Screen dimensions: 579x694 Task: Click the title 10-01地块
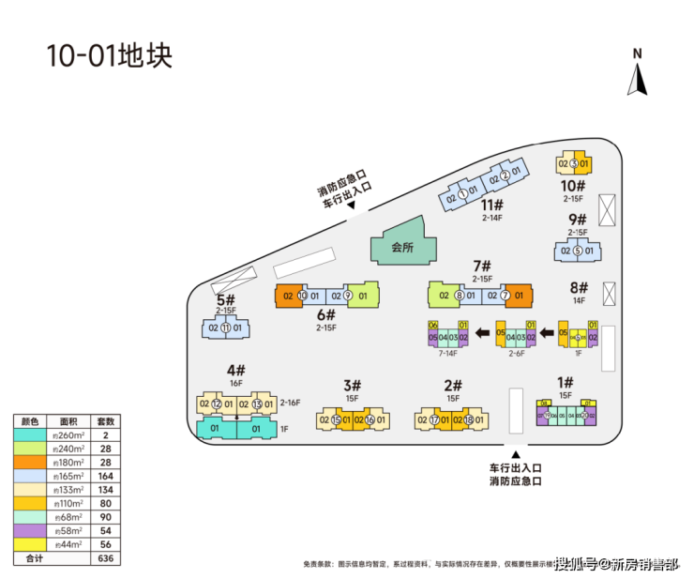pyautogui.click(x=109, y=55)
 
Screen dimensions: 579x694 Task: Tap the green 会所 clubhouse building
pyautogui.click(x=402, y=247)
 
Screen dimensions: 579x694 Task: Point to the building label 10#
pyautogui.click(x=573, y=186)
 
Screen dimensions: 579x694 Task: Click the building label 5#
pyautogui.click(x=225, y=300)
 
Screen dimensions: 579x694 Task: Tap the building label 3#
pyautogui.click(x=352, y=385)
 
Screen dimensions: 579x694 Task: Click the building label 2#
pyautogui.click(x=453, y=385)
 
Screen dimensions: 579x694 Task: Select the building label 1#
pyautogui.click(x=565, y=382)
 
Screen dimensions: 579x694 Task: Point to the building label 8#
pyautogui.click(x=578, y=288)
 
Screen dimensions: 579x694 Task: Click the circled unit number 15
pyautogui.click(x=337, y=419)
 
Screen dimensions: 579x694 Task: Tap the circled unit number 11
pyautogui.click(x=225, y=328)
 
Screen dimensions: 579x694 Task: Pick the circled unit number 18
pyautogui.click(x=468, y=419)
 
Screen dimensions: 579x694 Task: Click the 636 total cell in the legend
pyautogui.click(x=105, y=557)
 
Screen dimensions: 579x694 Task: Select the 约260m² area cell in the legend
pyautogui.click(x=68, y=435)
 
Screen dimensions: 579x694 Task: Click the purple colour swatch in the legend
pyautogui.click(x=29, y=530)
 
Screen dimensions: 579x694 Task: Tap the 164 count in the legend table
pyautogui.click(x=105, y=476)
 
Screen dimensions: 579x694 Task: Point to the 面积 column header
pyautogui.click(x=68, y=421)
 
